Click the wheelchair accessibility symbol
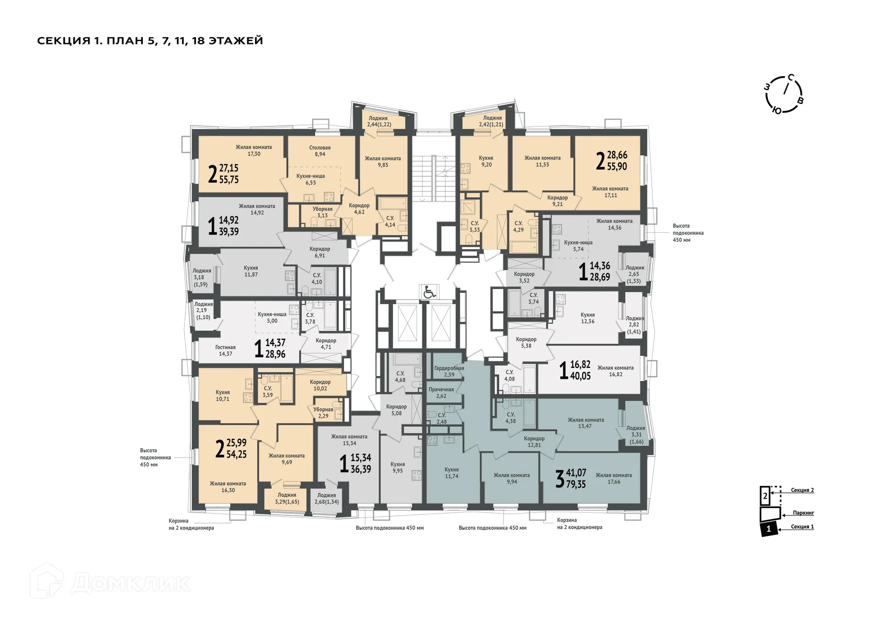tap(429, 292)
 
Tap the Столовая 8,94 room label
tap(320, 151)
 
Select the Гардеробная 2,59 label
tap(449, 371)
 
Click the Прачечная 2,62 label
tap(441, 393)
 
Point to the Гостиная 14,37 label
tap(225, 351)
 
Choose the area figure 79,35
tap(576, 484)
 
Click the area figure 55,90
tap(617, 167)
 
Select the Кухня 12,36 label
tap(587, 318)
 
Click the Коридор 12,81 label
tap(534, 442)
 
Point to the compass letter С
tap(791, 77)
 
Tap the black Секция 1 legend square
tap(769, 529)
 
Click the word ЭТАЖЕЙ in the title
tap(236, 41)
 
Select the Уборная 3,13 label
tap(322, 213)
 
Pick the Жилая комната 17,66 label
tap(613, 479)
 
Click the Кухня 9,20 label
tap(486, 161)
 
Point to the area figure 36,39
tap(361, 469)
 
